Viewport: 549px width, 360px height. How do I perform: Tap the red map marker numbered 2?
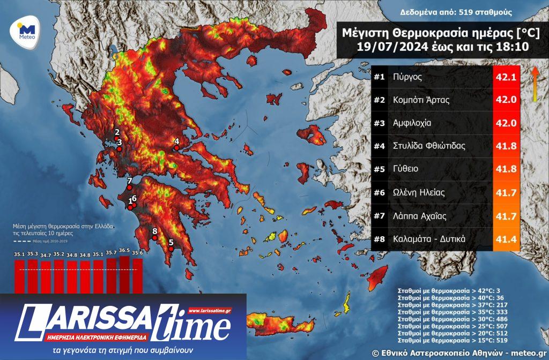click(x=116, y=139)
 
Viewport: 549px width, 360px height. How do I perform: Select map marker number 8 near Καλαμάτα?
click(x=154, y=238)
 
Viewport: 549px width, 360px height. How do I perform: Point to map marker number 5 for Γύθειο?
click(x=171, y=248)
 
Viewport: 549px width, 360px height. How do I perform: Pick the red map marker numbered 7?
click(x=129, y=187)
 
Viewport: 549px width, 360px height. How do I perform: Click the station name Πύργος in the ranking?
click(x=407, y=77)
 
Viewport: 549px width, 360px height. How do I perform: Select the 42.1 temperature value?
click(x=506, y=77)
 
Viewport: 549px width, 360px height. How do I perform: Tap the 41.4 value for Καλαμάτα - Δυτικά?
click(x=506, y=239)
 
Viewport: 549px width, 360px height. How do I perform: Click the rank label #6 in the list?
click(x=380, y=192)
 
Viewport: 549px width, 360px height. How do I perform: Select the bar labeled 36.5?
click(x=124, y=273)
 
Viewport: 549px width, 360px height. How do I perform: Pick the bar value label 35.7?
click(x=111, y=252)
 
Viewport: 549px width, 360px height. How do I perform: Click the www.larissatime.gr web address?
click(x=210, y=310)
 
